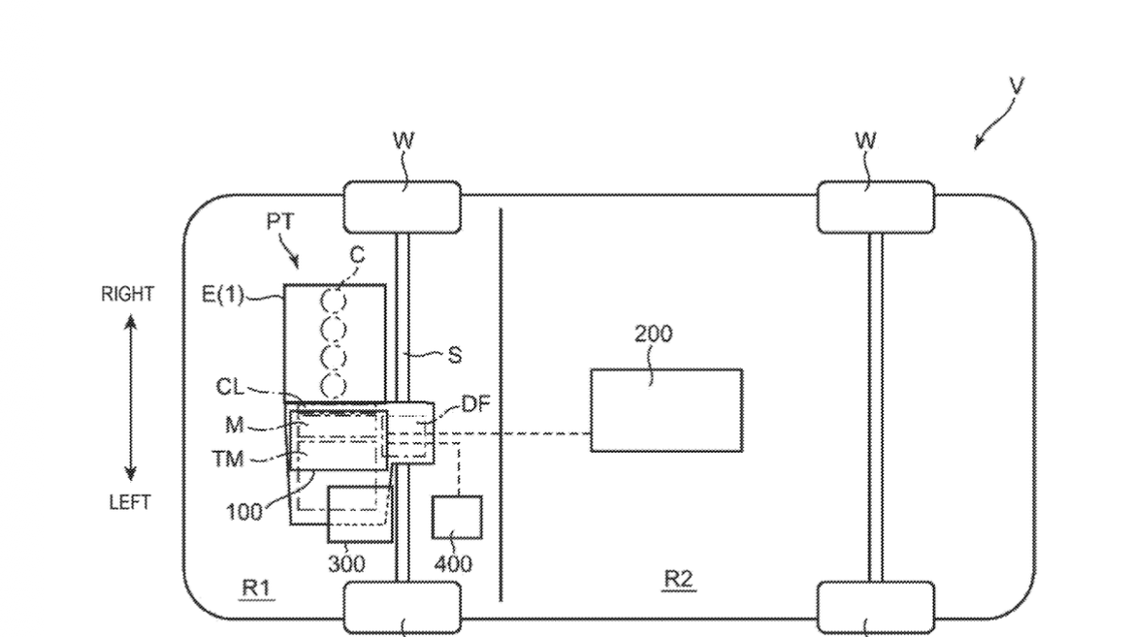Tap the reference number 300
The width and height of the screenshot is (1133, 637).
(346, 563)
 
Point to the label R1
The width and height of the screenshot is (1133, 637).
(256, 588)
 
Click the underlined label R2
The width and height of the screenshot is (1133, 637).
(678, 579)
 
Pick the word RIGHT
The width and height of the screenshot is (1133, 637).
(127, 294)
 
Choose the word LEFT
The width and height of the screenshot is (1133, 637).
(130, 502)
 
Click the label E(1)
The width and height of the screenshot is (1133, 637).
(222, 294)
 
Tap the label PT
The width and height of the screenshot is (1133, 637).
(280, 221)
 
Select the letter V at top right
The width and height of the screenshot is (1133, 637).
(1016, 86)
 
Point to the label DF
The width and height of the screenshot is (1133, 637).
(475, 403)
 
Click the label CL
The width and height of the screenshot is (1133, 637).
(230, 387)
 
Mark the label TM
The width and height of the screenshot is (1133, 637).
(228, 459)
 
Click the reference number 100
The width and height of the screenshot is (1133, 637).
(243, 512)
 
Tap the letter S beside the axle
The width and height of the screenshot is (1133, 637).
(454, 355)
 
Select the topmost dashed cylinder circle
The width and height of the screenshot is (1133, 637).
(333, 302)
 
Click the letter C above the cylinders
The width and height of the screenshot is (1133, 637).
(357, 255)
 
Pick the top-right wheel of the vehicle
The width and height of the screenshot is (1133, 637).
(875, 207)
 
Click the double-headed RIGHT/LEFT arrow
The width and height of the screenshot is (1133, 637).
(130, 398)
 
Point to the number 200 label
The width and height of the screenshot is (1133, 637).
(653, 334)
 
